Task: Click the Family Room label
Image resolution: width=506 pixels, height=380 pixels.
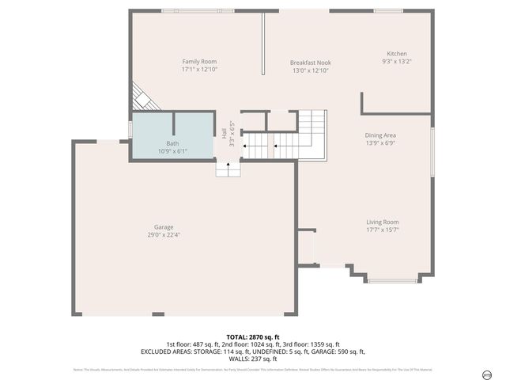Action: (199, 62)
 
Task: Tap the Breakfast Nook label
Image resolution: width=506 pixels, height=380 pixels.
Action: (309, 63)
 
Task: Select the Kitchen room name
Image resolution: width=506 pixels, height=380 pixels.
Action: (397, 54)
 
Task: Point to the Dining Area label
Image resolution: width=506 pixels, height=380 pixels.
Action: (380, 135)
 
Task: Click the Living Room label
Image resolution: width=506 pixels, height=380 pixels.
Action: (382, 222)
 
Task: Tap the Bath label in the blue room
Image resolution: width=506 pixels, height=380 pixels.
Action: (172, 143)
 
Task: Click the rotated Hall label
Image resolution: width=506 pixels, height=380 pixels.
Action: (225, 135)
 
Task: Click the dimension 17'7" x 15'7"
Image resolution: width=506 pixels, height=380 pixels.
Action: (382, 230)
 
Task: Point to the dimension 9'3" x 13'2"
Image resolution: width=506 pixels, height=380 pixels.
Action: (397, 62)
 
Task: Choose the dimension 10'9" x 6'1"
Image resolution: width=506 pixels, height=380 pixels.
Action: (172, 150)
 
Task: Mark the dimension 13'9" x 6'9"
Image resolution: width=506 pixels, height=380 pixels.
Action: (380, 143)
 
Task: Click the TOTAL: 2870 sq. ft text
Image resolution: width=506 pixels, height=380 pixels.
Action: (252, 336)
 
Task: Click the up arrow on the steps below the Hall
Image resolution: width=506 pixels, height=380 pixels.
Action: (228, 167)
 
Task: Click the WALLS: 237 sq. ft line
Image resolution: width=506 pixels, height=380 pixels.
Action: (252, 358)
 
